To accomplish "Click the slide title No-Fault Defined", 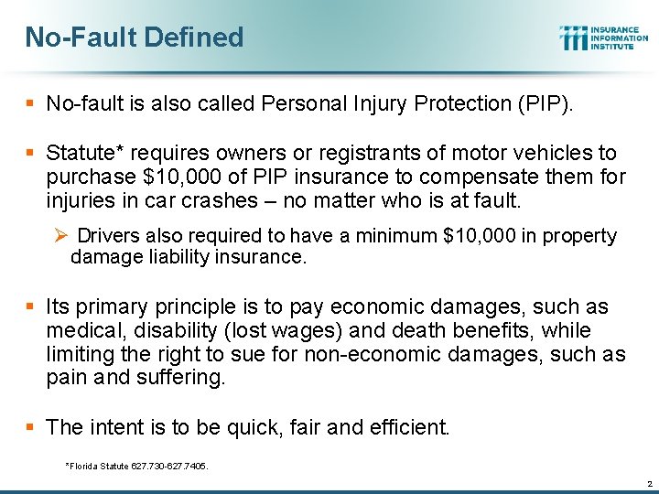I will (135, 38).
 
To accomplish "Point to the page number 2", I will (647, 482).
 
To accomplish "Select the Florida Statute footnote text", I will (137, 466).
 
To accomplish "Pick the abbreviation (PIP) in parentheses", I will (545, 103).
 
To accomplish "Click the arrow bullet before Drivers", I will (60, 236).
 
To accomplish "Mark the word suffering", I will (178, 378).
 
